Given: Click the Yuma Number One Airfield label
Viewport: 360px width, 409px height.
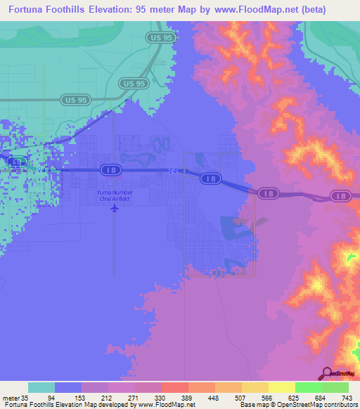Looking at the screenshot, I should pos(114,195).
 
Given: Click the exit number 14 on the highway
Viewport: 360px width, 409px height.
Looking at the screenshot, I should pos(174,170).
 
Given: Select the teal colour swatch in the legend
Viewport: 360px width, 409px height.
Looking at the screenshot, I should pos(41,387).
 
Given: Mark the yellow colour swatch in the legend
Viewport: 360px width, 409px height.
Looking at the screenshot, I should pos(281,387).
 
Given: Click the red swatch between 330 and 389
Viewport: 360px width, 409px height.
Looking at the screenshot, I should pos(174,387).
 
